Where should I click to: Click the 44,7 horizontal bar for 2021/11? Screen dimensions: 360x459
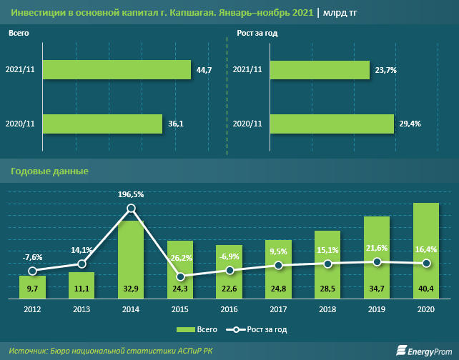click(x=117, y=69)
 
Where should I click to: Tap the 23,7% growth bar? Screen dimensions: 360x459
click(x=320, y=69)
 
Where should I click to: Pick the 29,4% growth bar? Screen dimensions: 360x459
click(x=332, y=124)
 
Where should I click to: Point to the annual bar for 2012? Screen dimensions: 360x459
click(x=32, y=286)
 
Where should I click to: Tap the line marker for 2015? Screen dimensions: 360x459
click(x=180, y=276)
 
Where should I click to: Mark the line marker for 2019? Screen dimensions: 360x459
click(x=377, y=262)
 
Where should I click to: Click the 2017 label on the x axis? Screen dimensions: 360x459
click(x=279, y=309)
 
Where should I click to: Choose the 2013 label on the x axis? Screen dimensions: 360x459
click(x=82, y=309)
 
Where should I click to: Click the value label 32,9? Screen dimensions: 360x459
click(x=131, y=289)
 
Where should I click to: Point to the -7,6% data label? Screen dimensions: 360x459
click(x=32, y=257)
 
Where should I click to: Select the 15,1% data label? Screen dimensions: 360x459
click(x=328, y=250)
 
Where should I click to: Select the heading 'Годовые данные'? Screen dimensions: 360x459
click(x=49, y=171)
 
